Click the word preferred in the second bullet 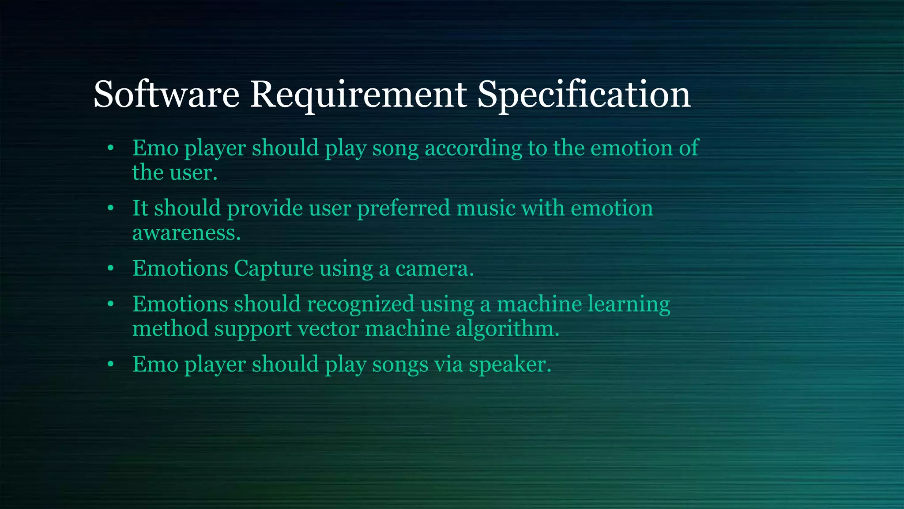coord(403,208)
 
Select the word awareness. coord(186,233)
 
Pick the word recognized coord(360,304)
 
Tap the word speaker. coord(510,365)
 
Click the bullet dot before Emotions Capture coord(110,268)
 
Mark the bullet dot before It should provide coord(110,208)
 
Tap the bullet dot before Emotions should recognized coord(110,304)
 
